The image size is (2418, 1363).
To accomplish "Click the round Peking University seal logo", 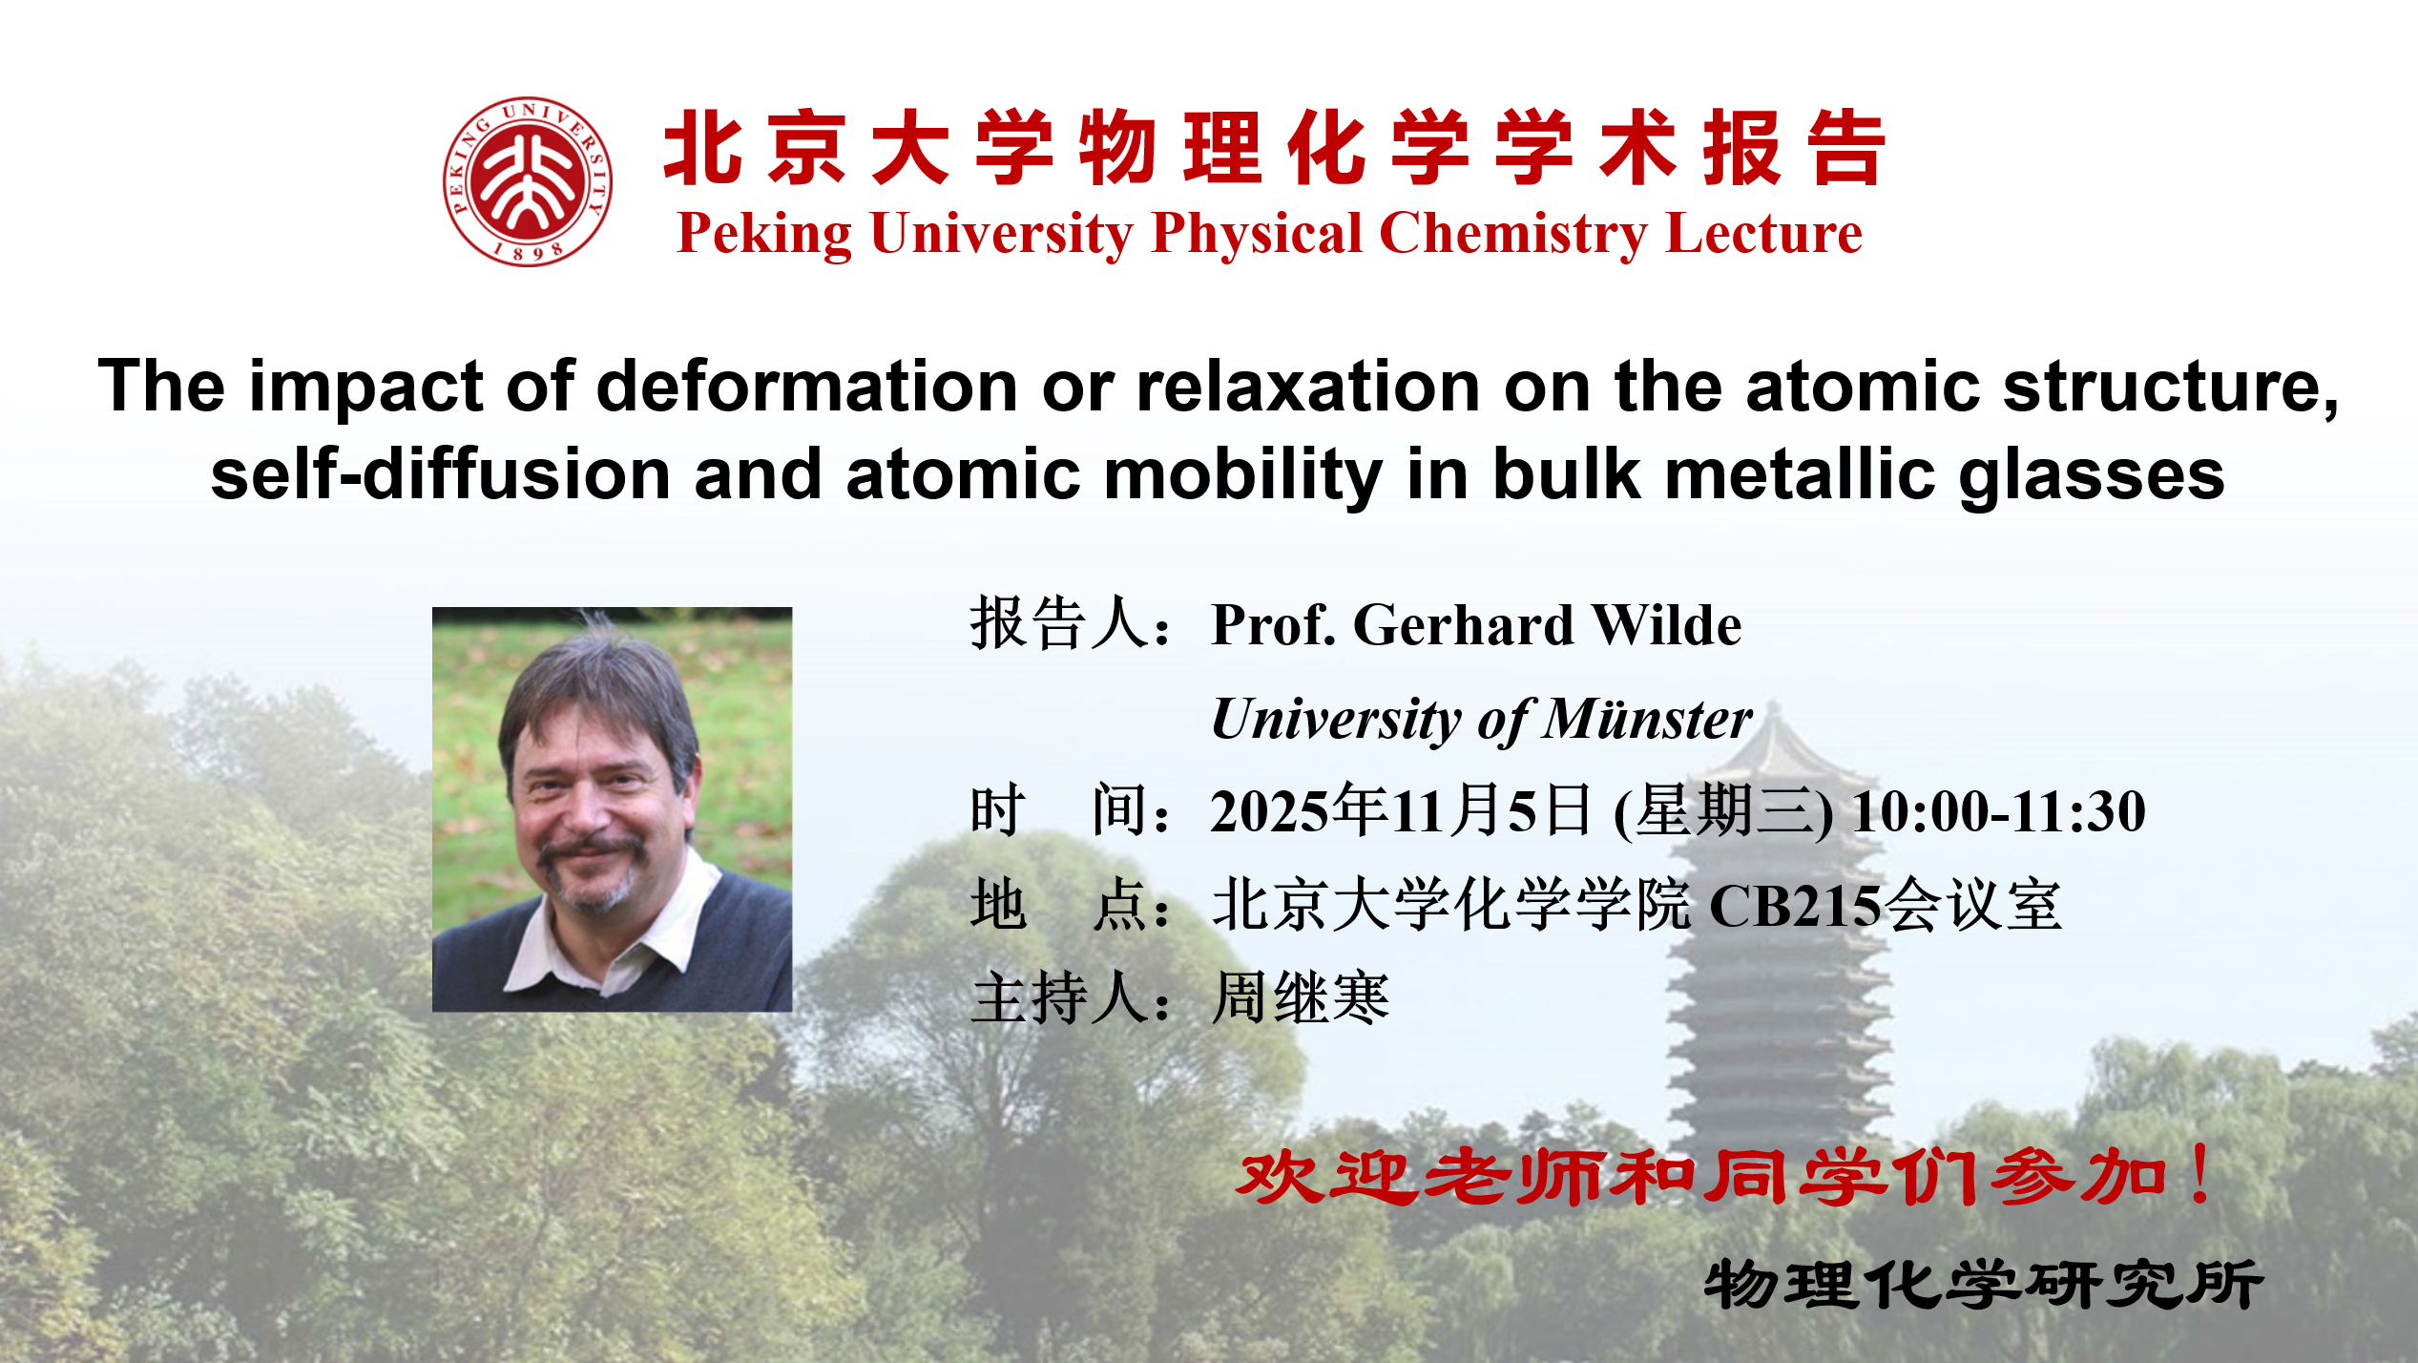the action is click(528, 181).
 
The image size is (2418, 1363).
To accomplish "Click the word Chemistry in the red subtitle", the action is click(1513, 235).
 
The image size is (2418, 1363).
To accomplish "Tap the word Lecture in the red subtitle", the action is click(1764, 234).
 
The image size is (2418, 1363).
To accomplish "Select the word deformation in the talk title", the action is click(807, 387).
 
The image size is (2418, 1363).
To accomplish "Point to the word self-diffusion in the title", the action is click(441, 474).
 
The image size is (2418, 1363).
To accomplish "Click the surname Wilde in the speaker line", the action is click(1668, 626).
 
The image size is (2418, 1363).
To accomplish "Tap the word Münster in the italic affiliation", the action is click(1649, 719).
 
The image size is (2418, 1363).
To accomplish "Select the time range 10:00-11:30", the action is click(1999, 812).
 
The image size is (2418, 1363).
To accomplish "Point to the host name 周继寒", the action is click(1301, 998).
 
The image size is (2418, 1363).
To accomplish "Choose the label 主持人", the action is click(1058, 998).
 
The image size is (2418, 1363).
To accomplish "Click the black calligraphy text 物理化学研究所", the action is click(1984, 1284).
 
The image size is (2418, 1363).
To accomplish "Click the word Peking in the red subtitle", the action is click(764, 235).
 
